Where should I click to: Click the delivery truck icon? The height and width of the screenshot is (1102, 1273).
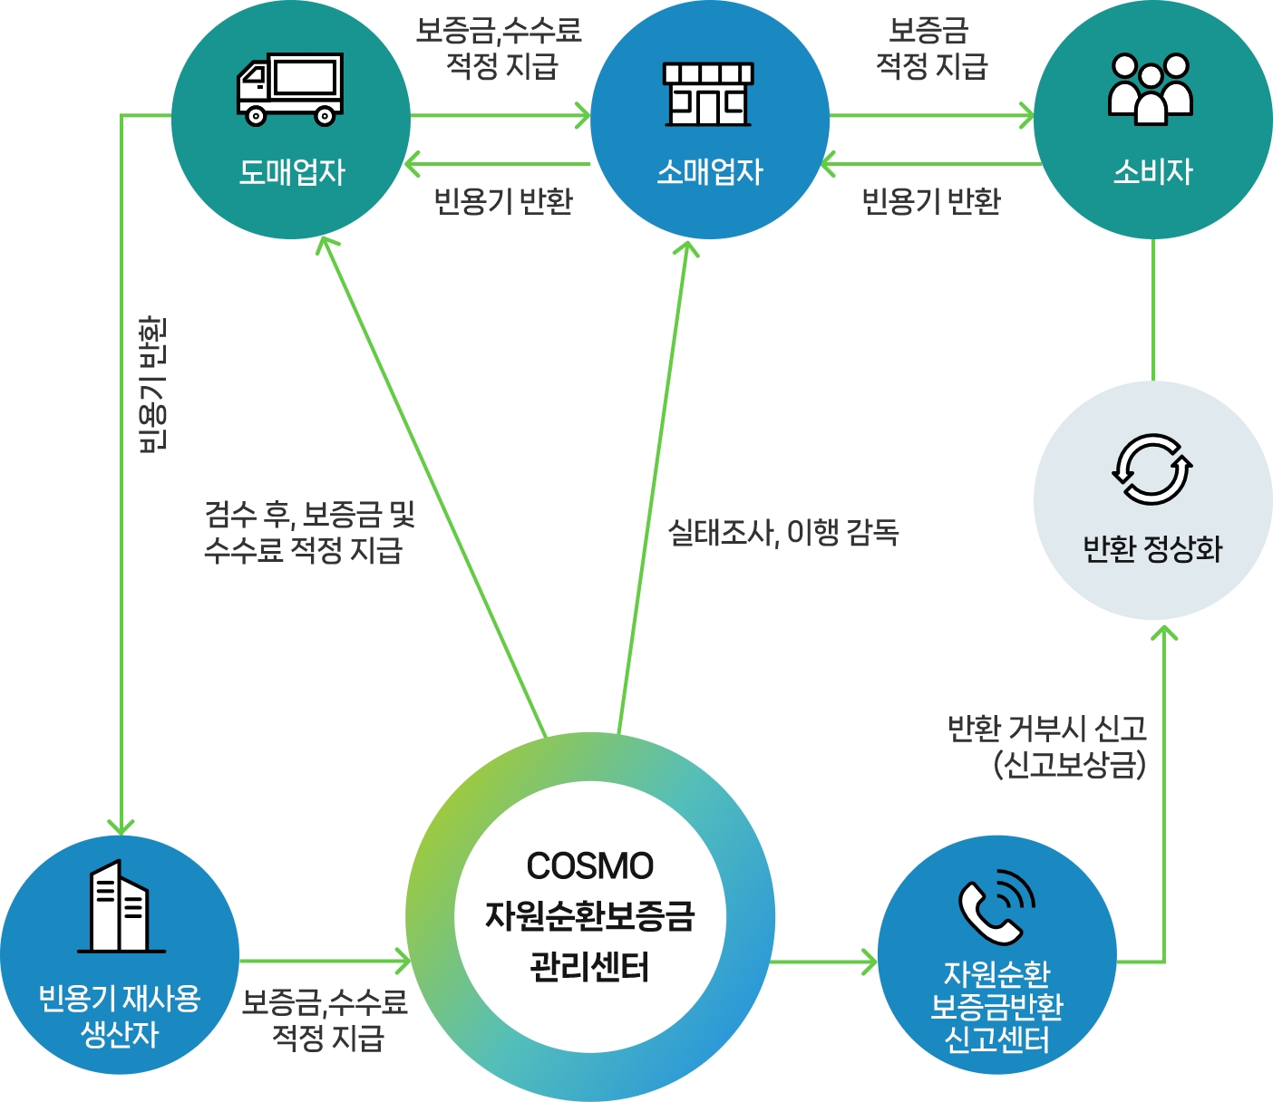pyautogui.click(x=290, y=88)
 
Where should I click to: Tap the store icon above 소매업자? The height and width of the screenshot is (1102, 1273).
pyautogui.click(x=709, y=94)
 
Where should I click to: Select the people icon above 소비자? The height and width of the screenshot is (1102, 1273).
pyautogui.click(x=1152, y=89)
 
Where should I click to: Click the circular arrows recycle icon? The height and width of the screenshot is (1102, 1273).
pyautogui.click(x=1152, y=469)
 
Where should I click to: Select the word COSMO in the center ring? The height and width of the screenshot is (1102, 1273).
pyautogui.click(x=589, y=866)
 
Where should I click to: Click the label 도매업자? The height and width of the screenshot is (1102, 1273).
pyautogui.click(x=292, y=171)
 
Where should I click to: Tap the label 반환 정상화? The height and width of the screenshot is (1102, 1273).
pyautogui.click(x=1152, y=548)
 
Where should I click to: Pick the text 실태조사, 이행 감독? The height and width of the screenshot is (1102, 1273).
pyautogui.click(x=782, y=532)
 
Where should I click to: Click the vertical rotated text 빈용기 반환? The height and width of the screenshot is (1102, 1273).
pyautogui.click(x=152, y=383)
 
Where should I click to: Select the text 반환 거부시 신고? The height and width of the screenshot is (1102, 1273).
pyautogui.click(x=1047, y=728)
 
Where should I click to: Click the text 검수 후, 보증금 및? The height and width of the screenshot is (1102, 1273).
pyautogui.click(x=310, y=515)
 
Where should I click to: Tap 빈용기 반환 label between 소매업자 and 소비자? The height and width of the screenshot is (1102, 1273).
pyautogui.click(x=931, y=201)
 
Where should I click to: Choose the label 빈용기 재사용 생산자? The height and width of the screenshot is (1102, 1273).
pyautogui.click(x=120, y=1016)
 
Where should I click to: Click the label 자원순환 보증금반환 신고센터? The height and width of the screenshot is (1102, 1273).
pyautogui.click(x=996, y=1007)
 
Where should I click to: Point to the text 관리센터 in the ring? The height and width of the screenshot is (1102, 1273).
pyautogui.click(x=589, y=967)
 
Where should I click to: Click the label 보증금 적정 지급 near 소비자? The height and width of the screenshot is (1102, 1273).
pyautogui.click(x=931, y=48)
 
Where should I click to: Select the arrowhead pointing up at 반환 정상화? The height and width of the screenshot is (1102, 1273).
pyautogui.click(x=1164, y=631)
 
